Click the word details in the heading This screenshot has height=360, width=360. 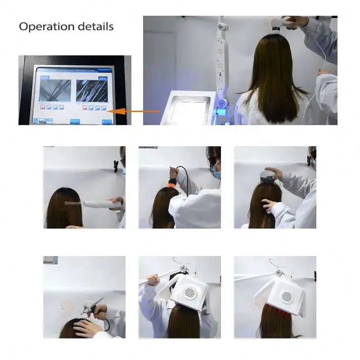[95, 26]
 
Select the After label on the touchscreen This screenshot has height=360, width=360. [102, 78]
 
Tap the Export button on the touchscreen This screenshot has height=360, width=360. [75, 121]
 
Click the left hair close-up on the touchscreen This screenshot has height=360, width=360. [55, 90]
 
